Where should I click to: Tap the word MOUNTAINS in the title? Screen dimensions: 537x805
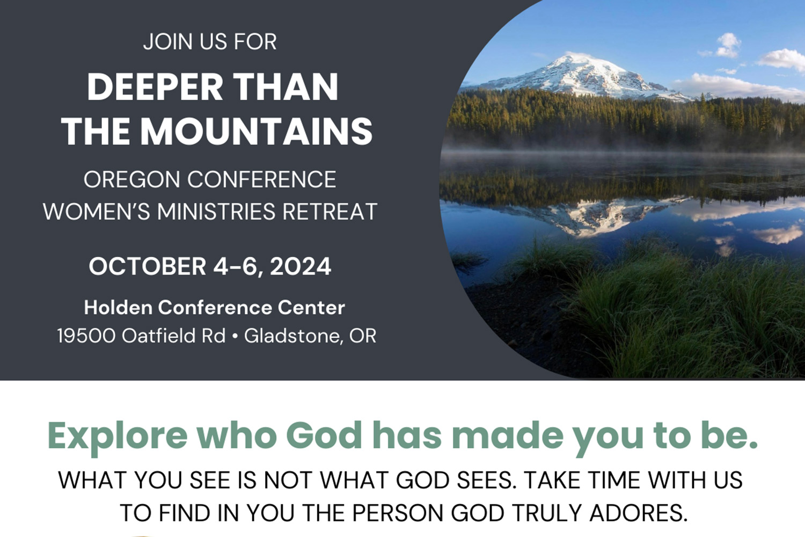(x=257, y=132)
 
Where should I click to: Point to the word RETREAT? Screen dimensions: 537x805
(x=330, y=212)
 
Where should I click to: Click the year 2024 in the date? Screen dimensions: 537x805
(x=301, y=267)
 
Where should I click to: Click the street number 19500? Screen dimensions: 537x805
(x=86, y=336)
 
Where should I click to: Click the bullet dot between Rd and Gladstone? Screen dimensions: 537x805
(x=235, y=336)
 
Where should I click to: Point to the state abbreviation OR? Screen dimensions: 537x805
(x=363, y=336)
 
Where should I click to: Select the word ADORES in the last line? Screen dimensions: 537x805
(x=638, y=513)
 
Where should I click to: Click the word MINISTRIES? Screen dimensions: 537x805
(x=216, y=212)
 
